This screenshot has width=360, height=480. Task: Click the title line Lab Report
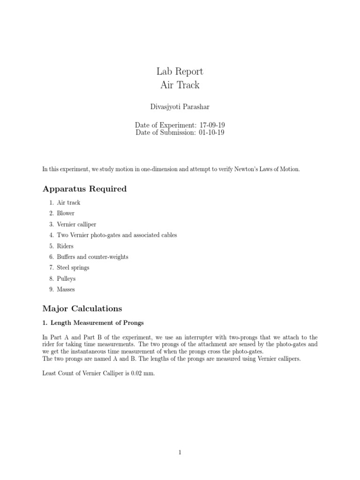[180, 72]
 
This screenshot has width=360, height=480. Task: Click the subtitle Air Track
[180, 85]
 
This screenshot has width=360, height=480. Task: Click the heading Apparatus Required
[84, 189]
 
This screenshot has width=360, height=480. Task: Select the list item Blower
[66, 213]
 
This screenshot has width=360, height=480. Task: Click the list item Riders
[65, 246]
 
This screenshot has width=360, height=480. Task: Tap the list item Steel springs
[73, 268]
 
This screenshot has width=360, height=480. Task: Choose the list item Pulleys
[66, 278]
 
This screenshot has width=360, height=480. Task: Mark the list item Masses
[66, 289]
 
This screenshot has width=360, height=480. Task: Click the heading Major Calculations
[82, 308]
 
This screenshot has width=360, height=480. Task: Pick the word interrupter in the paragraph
[178, 337]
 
